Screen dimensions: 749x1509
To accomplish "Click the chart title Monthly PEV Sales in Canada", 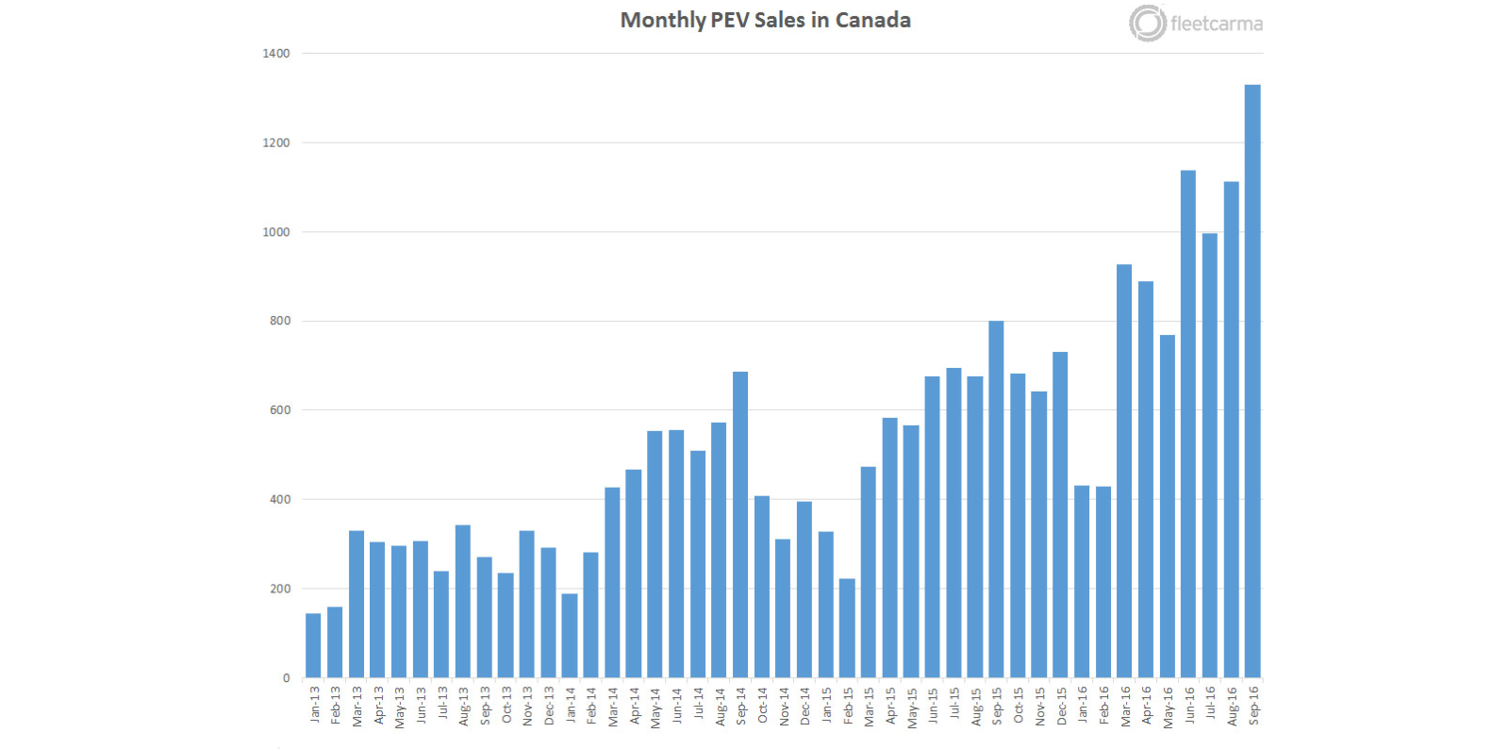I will [765, 20].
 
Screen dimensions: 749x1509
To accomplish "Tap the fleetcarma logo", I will [1195, 24].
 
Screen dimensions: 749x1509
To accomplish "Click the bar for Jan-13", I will [313, 645].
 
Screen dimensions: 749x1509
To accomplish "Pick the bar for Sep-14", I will [740, 524].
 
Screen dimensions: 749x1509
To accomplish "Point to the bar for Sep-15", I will [996, 499].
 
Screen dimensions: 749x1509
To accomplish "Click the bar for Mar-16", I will [1124, 471].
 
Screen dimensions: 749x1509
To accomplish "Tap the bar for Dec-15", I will [1060, 514].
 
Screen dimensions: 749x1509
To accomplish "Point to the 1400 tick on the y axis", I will [276, 54].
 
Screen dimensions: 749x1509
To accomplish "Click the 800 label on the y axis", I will [280, 321].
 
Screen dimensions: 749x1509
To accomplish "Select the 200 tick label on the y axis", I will [280, 589].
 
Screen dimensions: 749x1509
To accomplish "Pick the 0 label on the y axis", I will [287, 677].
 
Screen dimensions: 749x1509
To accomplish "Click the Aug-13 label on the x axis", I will [463, 706].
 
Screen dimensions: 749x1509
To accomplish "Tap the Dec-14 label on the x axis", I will [804, 706].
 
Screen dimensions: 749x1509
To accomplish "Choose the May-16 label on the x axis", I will [1168, 707].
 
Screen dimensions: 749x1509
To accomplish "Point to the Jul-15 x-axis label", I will [953, 704].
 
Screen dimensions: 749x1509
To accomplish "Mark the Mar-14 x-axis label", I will [612, 706].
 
